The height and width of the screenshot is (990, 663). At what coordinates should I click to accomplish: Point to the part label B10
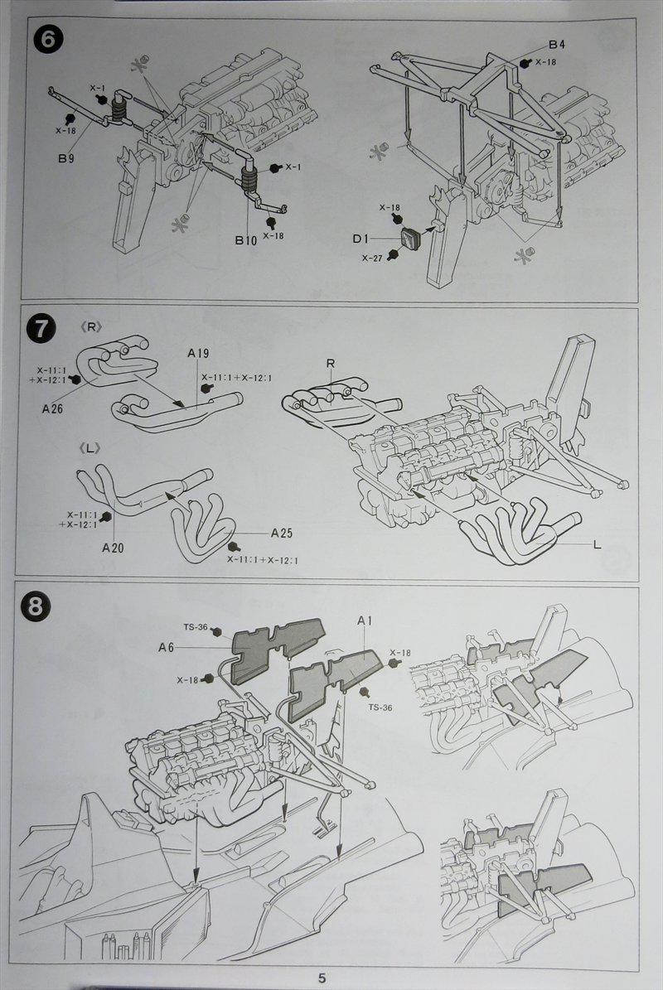click(x=244, y=241)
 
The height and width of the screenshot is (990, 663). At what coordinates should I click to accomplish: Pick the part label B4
click(x=556, y=44)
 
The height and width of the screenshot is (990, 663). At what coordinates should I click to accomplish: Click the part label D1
click(x=361, y=239)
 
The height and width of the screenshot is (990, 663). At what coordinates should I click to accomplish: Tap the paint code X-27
click(x=371, y=258)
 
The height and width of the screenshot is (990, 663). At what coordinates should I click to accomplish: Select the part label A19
click(x=198, y=353)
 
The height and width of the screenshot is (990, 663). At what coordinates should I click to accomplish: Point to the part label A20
click(x=114, y=547)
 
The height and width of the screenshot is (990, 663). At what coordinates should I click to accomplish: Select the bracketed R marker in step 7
click(x=93, y=327)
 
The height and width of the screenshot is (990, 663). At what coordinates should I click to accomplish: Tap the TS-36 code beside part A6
click(x=196, y=628)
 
